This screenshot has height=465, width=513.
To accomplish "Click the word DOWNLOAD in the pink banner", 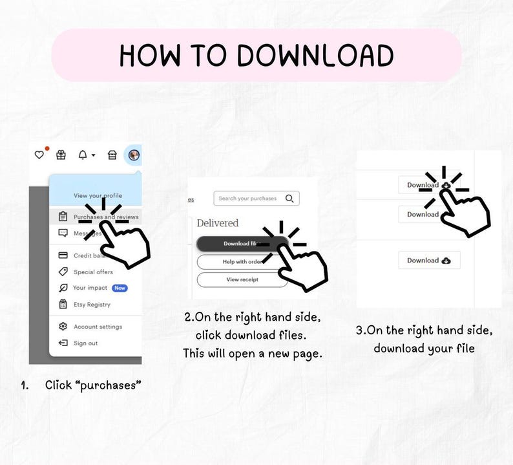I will pyautogui.click(x=315, y=56).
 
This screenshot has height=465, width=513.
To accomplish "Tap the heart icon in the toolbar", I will pyautogui.click(x=39, y=155).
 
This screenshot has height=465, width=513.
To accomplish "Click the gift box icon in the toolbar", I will pyautogui.click(x=61, y=155).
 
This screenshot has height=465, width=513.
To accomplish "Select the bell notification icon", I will pyautogui.click(x=83, y=155).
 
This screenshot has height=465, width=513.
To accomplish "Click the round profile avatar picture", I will pyautogui.click(x=134, y=155).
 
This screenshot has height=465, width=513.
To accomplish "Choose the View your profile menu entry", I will pyautogui.click(x=98, y=195).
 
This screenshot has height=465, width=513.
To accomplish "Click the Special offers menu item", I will pyautogui.click(x=93, y=272).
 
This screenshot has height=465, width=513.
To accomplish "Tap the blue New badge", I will pyautogui.click(x=120, y=288).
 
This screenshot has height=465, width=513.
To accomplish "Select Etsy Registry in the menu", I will pyautogui.click(x=92, y=305).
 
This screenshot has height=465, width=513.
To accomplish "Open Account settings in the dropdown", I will pyautogui.click(x=98, y=327).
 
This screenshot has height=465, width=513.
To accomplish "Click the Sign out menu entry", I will pyautogui.click(x=85, y=343).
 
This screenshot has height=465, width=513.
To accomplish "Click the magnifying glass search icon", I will pyautogui.click(x=289, y=199).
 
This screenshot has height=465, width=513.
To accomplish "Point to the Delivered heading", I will pyautogui.click(x=218, y=223).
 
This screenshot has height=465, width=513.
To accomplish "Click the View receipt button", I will pyautogui.click(x=242, y=280).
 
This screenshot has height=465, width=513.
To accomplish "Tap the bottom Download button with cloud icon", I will pyautogui.click(x=429, y=261).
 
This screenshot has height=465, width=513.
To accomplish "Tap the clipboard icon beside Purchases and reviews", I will pyautogui.click(x=63, y=217).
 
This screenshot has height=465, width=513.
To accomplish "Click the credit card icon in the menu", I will pyautogui.click(x=63, y=255).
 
